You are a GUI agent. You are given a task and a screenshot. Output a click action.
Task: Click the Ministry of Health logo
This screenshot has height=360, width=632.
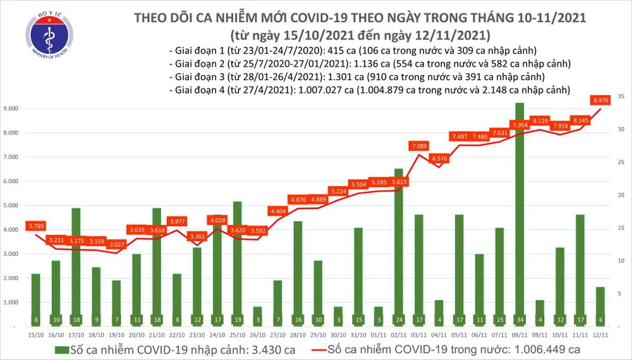point(44,38)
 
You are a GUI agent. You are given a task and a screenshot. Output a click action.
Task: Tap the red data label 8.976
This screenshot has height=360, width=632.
point(600,99)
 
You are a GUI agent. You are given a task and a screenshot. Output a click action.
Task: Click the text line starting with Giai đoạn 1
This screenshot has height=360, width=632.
point(354,51)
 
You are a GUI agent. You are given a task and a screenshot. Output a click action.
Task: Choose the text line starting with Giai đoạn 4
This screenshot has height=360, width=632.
point(370,91)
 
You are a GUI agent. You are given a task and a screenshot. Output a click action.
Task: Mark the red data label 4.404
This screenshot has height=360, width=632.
point(278,210)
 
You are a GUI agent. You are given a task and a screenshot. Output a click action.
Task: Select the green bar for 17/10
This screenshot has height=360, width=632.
point(75,265)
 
